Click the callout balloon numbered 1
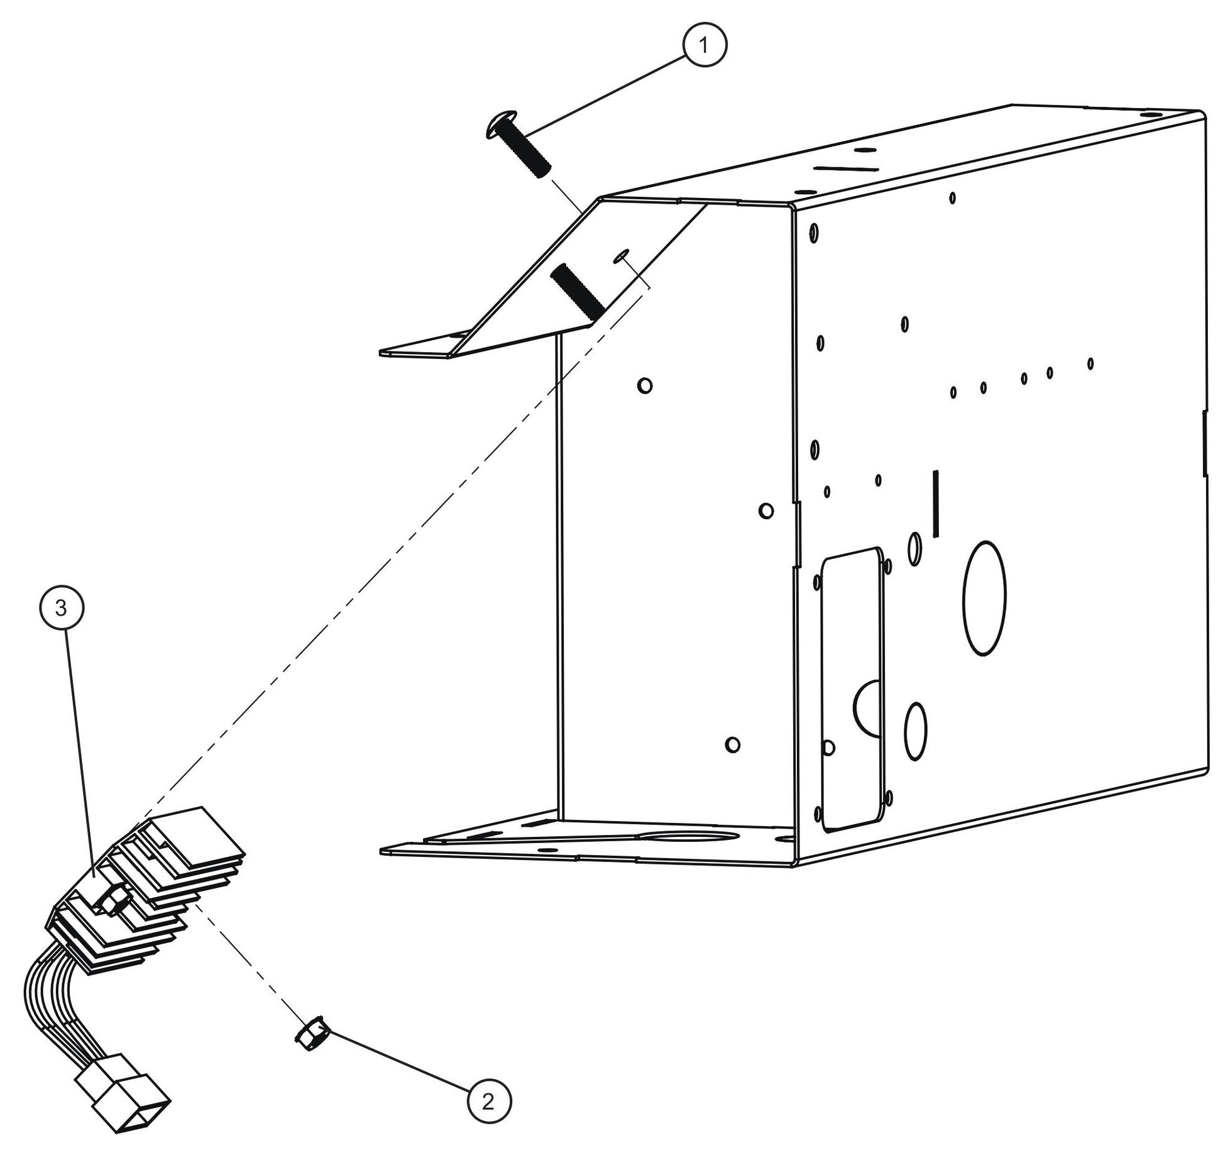(x=704, y=45)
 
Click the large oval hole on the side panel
(x=984, y=599)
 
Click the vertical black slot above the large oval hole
(x=936, y=504)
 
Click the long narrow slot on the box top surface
(x=845, y=168)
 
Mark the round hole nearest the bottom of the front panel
(x=732, y=745)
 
